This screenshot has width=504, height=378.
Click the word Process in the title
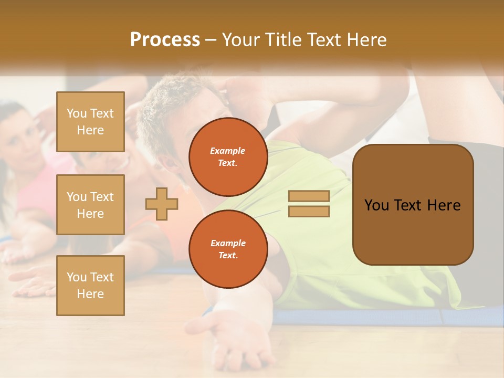[x=165, y=40]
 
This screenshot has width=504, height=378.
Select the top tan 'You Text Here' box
[x=90, y=122]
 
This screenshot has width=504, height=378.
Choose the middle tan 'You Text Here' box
[x=90, y=205]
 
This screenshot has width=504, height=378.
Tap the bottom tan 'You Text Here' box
[x=90, y=286]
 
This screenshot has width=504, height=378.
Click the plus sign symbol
[x=162, y=204]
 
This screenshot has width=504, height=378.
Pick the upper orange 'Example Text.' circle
[x=228, y=157]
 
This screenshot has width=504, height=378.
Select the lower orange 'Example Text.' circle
[x=228, y=249]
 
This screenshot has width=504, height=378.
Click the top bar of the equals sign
[x=309, y=196]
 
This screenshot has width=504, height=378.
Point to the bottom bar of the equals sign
[x=309, y=212]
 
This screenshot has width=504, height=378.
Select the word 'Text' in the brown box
[x=409, y=205]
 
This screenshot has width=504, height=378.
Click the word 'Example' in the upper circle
[x=228, y=151]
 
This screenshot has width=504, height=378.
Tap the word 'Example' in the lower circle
[x=228, y=243]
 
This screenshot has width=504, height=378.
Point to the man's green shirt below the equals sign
[x=336, y=252]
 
